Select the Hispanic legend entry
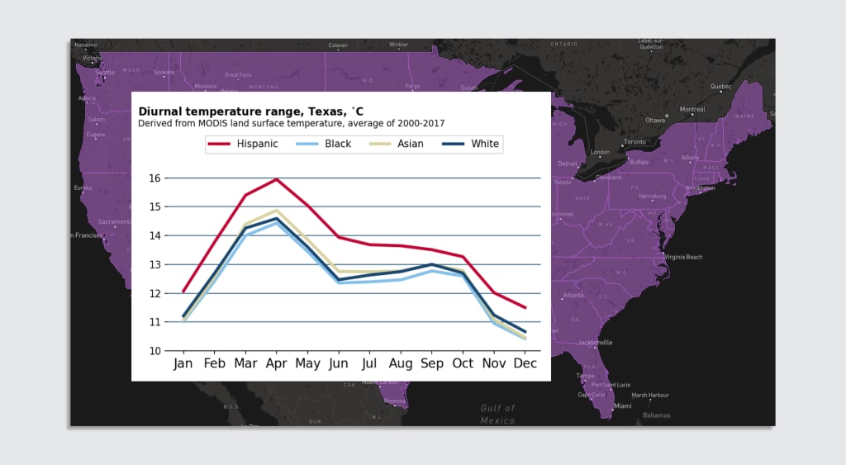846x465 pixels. (x=243, y=144)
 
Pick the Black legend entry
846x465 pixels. (x=320, y=144)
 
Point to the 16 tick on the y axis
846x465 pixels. (x=154, y=178)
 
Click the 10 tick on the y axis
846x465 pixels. (x=154, y=351)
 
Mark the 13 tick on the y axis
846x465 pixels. (x=154, y=264)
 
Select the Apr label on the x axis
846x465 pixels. (x=276, y=363)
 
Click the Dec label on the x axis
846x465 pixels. (x=525, y=363)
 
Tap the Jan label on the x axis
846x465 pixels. (x=183, y=363)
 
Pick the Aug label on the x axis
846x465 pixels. (x=401, y=363)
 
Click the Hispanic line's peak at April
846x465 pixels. (x=276, y=179)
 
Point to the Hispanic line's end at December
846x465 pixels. (x=525, y=308)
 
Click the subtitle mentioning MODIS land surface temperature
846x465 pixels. (x=291, y=124)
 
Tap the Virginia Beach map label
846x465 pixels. (x=683, y=257)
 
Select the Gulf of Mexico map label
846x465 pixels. (x=497, y=414)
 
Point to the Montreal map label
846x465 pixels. (x=692, y=109)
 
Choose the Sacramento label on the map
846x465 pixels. (x=115, y=221)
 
